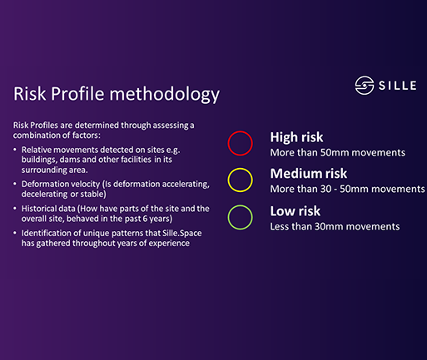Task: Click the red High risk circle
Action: click(x=228, y=143)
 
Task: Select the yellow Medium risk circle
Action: click(x=228, y=180)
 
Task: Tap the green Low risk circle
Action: click(x=228, y=217)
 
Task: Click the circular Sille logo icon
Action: click(x=365, y=86)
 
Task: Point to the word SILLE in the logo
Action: click(x=398, y=86)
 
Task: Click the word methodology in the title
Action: click(x=165, y=94)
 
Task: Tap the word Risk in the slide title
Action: click(x=30, y=93)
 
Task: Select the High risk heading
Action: click(x=296, y=137)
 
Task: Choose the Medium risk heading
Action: click(x=309, y=174)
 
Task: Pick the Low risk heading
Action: click(x=295, y=211)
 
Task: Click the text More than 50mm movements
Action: click(x=338, y=153)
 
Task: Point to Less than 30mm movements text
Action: click(x=335, y=227)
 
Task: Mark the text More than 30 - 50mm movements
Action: click(x=347, y=189)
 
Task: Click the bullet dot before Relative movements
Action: click(x=15, y=150)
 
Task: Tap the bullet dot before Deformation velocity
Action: click(x=15, y=184)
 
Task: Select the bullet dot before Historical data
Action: click(x=15, y=209)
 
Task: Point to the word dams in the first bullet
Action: click(x=68, y=160)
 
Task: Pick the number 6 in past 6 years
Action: click(x=145, y=219)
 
